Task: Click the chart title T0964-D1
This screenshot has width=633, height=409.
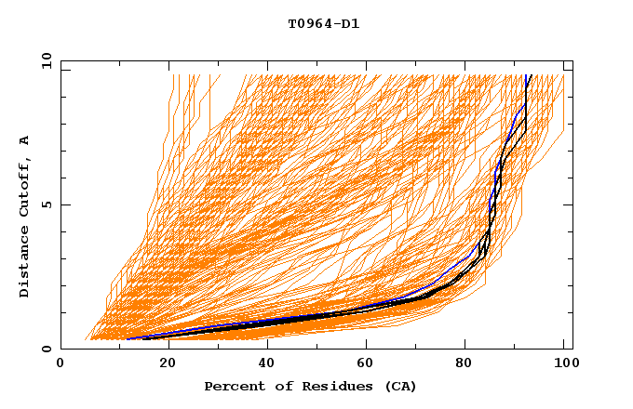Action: tap(323, 24)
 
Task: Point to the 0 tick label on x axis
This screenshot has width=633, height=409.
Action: tap(61, 365)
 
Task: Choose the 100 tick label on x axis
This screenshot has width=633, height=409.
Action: tap(564, 365)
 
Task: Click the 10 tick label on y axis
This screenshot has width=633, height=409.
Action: tap(45, 60)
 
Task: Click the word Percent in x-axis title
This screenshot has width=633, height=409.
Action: tap(231, 386)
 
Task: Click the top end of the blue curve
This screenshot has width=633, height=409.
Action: tap(528, 75)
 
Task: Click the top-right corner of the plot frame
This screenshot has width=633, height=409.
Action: tap(572, 60)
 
